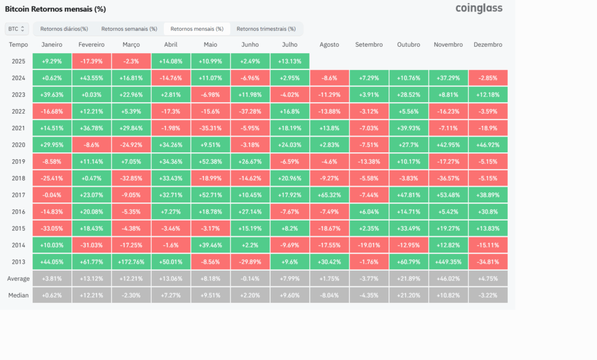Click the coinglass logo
point(479,8)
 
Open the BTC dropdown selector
point(16,29)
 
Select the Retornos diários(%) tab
point(64,29)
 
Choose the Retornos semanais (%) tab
point(129,29)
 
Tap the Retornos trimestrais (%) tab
point(266,29)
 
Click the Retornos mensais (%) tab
point(197,29)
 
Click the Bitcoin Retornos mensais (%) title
point(55,9)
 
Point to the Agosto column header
point(329,44)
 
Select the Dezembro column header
point(488,44)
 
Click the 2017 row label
point(18,195)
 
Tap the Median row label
point(18,295)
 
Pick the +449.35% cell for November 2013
point(448,262)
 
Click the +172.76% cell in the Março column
point(131,262)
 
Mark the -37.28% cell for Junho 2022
point(250,111)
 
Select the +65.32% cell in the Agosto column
point(329,195)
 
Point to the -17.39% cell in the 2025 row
point(92,61)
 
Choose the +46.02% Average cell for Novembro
point(448,278)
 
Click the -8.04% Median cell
point(329,295)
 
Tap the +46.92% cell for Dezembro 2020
point(488,145)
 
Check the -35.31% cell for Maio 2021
point(210,128)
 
